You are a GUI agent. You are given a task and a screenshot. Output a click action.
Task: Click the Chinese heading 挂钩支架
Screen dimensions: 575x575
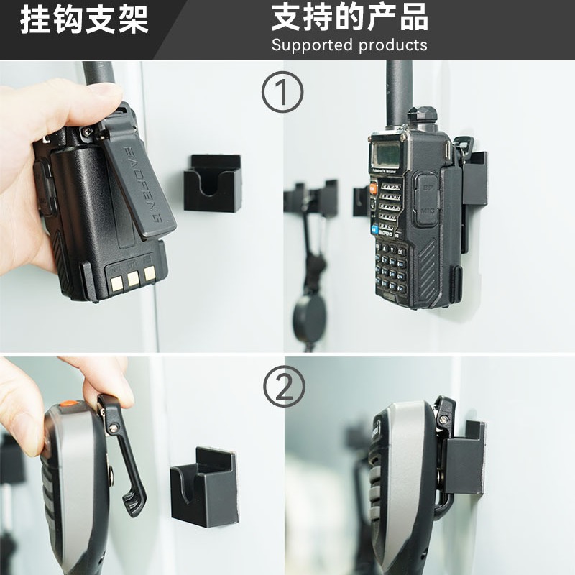[84, 19]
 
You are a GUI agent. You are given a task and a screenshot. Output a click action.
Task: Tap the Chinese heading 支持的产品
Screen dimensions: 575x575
[349, 17]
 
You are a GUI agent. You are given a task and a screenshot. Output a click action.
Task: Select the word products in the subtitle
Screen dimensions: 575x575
[393, 45]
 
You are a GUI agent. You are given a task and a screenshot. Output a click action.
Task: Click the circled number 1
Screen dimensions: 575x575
[282, 93]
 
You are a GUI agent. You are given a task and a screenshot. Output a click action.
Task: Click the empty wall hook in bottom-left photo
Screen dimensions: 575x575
[206, 486]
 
